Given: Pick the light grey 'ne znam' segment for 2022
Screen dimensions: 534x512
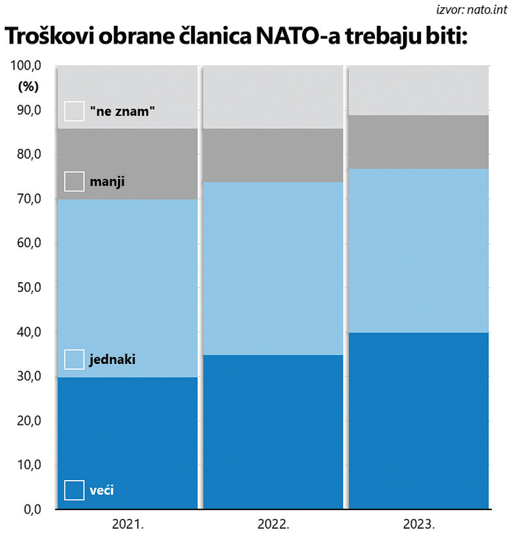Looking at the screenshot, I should (x=273, y=97).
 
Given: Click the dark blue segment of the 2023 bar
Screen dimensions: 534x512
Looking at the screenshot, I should (x=419, y=420).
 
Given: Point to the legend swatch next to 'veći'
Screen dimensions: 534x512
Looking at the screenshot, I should (x=74, y=490).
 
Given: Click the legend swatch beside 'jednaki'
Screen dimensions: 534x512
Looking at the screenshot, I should (x=74, y=359).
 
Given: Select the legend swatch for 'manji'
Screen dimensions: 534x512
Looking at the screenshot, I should (x=74, y=182).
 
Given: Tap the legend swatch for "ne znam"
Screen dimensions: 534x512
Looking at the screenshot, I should (x=74, y=111).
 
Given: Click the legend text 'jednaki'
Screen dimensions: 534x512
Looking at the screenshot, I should (x=112, y=359).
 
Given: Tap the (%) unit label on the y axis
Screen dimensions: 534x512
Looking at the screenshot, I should (x=29, y=87).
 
